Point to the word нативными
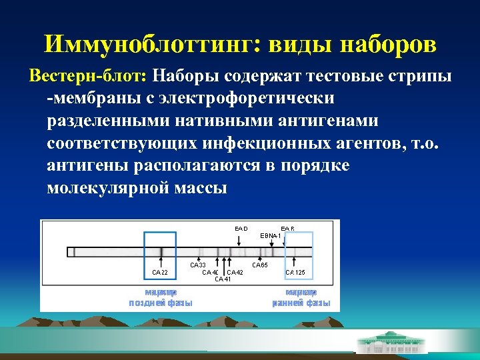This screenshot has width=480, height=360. coord(211,121)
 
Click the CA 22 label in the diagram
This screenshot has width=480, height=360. coord(160,272)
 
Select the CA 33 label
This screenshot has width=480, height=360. coord(198,265)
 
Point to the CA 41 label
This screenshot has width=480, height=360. coord(223,279)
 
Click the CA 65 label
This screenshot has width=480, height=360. coord(259,265)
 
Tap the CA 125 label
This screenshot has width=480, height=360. coord(295,272)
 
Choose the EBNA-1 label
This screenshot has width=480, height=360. coord(269,235)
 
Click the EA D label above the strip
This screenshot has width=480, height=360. coord(241,229)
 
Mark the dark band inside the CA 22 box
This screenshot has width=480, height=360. coord(161,251)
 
